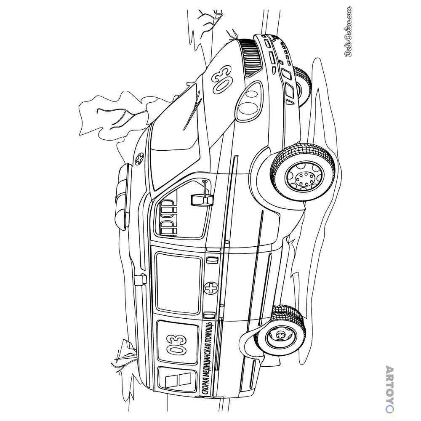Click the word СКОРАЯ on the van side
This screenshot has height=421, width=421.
[x=206, y=384]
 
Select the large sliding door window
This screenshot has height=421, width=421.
[x=179, y=283]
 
